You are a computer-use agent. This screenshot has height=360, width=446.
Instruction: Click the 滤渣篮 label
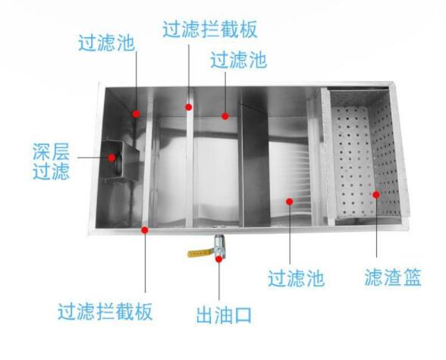[x=393, y=277]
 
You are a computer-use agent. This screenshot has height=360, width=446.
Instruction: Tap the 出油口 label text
[x=225, y=315]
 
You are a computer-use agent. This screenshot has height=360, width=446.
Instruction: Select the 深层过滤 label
[x=52, y=161]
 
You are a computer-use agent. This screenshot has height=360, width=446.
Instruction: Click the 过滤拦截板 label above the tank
[x=210, y=29]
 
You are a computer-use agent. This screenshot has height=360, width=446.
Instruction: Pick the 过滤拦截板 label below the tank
[x=105, y=311]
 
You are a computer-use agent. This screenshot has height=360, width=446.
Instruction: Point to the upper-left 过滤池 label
[x=107, y=43]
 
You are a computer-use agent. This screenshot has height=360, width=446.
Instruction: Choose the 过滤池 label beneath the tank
[x=296, y=278]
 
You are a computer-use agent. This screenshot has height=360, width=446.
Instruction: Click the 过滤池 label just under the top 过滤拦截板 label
[x=239, y=60]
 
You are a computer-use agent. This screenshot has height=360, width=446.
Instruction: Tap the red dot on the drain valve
[x=218, y=259]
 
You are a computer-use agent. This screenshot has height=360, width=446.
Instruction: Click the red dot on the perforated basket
[x=376, y=195]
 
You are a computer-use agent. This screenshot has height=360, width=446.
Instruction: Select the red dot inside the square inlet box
[x=111, y=158]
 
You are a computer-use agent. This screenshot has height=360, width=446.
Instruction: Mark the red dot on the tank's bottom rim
[x=145, y=230]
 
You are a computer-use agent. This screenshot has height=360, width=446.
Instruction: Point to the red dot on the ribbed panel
[x=290, y=202]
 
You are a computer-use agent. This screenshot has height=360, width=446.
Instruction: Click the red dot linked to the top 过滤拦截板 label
[x=189, y=107]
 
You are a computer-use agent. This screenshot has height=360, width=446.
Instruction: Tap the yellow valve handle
[x=200, y=252]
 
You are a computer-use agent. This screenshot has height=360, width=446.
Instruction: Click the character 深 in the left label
[x=42, y=152]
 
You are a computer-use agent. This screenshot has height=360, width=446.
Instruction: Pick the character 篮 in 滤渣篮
[x=412, y=277]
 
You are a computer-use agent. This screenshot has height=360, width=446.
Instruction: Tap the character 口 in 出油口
[x=243, y=315]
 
